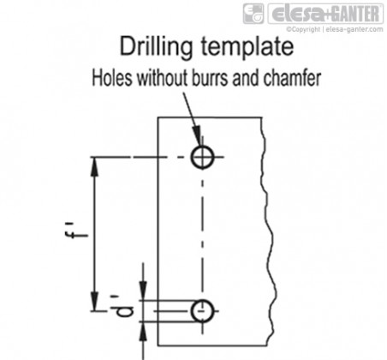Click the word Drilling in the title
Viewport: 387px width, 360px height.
156,47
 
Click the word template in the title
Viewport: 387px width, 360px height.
247,47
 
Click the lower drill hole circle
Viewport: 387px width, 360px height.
202,300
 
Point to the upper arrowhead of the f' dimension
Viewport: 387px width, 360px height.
94,166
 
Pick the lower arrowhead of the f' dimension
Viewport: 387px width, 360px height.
94,301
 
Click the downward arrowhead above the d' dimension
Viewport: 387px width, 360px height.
143,291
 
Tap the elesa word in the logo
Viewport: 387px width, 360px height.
299,14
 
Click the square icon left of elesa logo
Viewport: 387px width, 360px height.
253,14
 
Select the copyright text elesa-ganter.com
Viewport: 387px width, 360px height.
354,29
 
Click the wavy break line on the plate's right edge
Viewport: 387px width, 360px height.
268,231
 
